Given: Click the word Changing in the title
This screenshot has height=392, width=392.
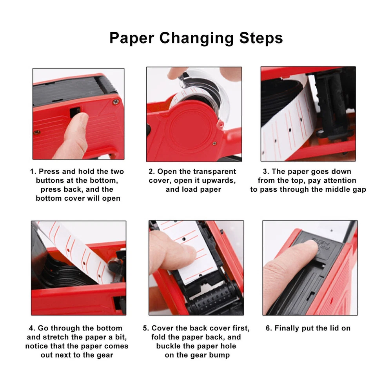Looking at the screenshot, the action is [197, 38].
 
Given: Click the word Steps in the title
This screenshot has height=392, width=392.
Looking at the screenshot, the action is [261, 38].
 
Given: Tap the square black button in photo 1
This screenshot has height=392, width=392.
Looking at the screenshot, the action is [75, 112].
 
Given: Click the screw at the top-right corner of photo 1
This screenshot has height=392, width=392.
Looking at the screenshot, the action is [116, 102].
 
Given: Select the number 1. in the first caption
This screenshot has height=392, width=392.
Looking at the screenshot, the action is [33, 172].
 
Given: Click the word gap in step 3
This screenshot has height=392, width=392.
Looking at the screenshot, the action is [359, 190].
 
